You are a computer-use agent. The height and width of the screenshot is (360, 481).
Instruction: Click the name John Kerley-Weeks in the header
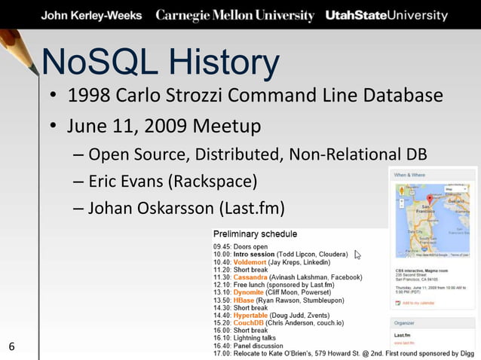(90, 16)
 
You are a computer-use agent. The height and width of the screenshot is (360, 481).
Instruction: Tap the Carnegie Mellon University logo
(234, 16)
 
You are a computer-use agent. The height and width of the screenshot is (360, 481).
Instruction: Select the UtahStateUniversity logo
(385, 16)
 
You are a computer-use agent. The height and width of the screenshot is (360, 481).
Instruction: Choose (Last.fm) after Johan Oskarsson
(252, 208)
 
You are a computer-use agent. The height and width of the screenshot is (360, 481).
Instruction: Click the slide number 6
(11, 346)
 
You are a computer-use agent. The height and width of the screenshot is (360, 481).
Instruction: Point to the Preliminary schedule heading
(255, 234)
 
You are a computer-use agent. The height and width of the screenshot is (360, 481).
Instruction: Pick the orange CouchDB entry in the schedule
(250, 323)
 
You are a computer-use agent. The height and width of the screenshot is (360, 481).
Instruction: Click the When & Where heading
(411, 175)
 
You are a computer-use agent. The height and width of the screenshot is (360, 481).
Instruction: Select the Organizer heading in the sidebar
(408, 322)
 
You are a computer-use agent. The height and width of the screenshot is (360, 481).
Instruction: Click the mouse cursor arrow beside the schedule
(358, 255)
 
